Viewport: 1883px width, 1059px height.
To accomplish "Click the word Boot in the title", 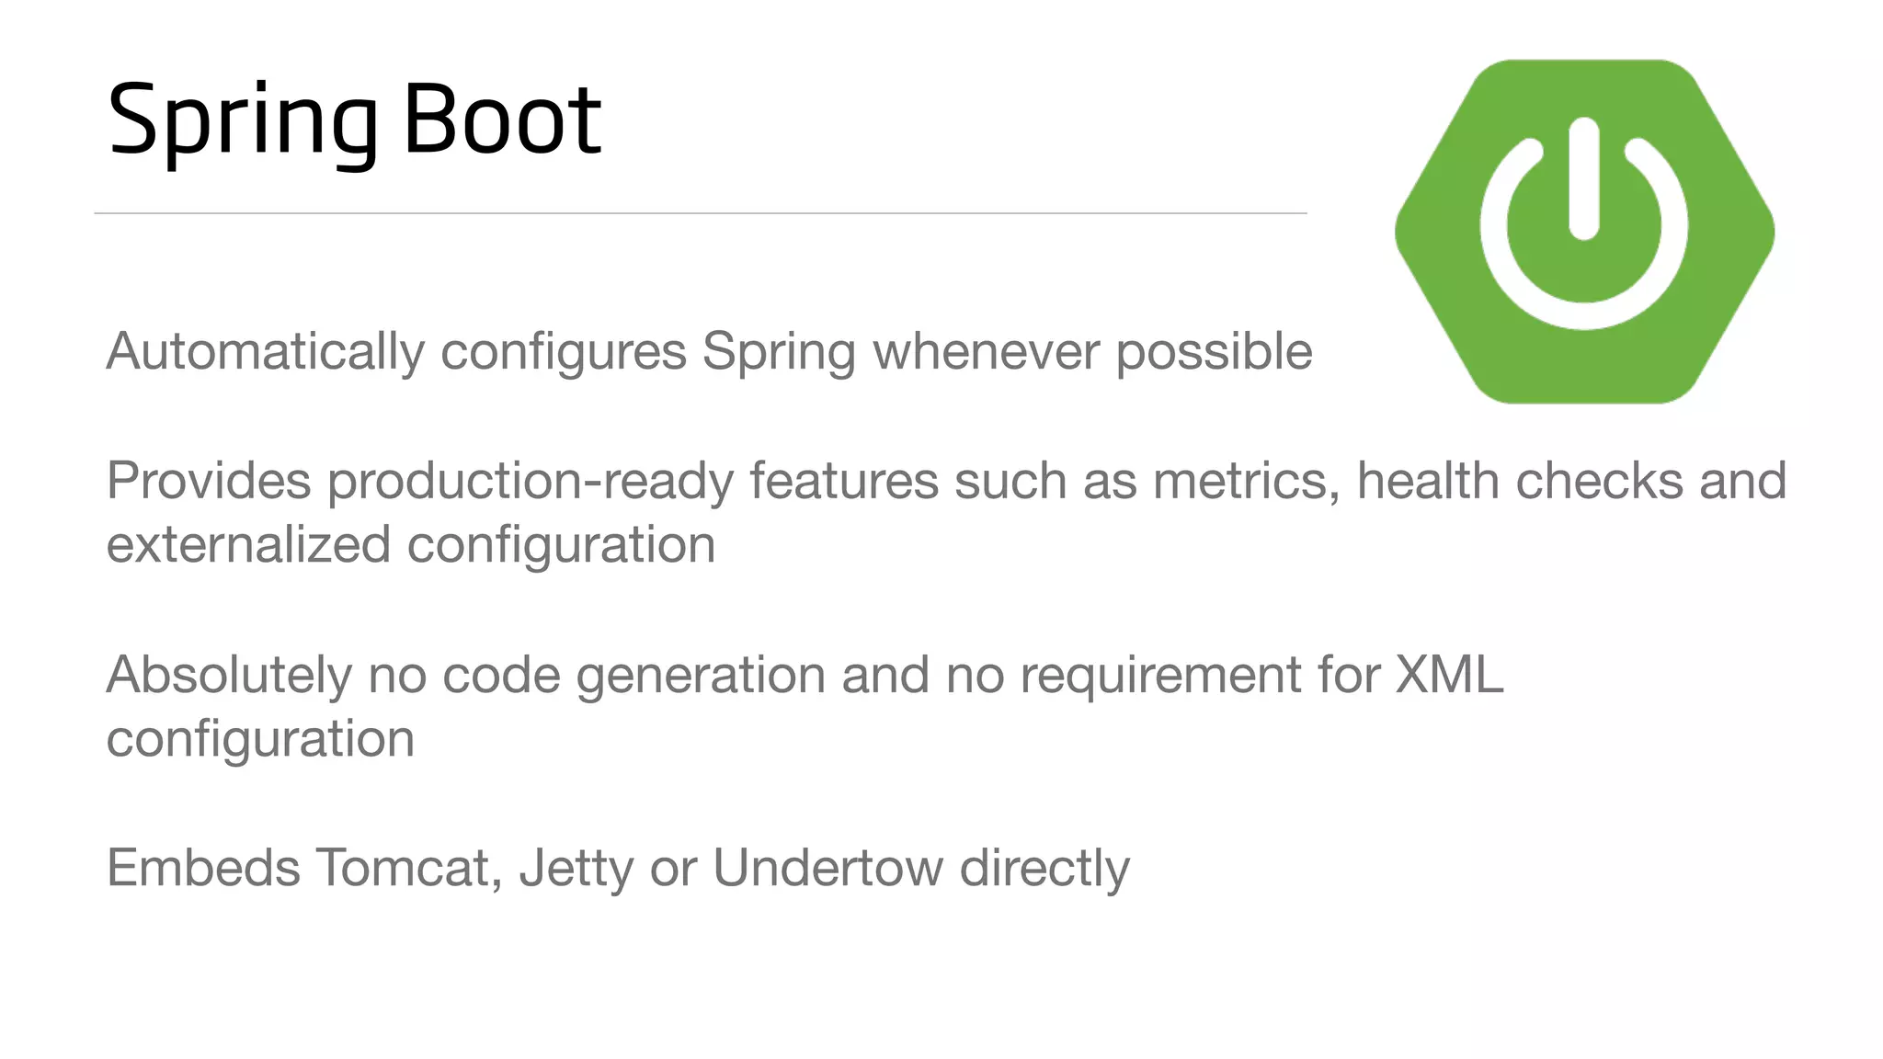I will pyautogui.click(x=502, y=120).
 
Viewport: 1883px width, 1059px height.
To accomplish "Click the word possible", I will pyautogui.click(x=1214, y=352).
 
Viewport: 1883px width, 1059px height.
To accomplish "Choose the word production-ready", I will pyautogui.click(x=531, y=482).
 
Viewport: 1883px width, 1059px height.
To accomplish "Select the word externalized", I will pyautogui.click(x=248, y=545).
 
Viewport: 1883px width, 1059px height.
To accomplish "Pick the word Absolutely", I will pyautogui.click(x=229, y=676).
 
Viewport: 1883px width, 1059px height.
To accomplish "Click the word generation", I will pyautogui.click(x=701, y=676).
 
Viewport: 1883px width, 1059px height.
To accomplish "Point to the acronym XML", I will pyautogui.click(x=1449, y=676).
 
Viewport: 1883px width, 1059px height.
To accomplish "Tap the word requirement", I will pyautogui.click(x=1160, y=676).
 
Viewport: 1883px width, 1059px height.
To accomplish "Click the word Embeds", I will pyautogui.click(x=203, y=868).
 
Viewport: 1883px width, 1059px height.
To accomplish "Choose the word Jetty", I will pyautogui.click(x=576, y=868).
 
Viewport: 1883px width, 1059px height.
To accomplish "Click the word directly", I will pyautogui.click(x=1044, y=868).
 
